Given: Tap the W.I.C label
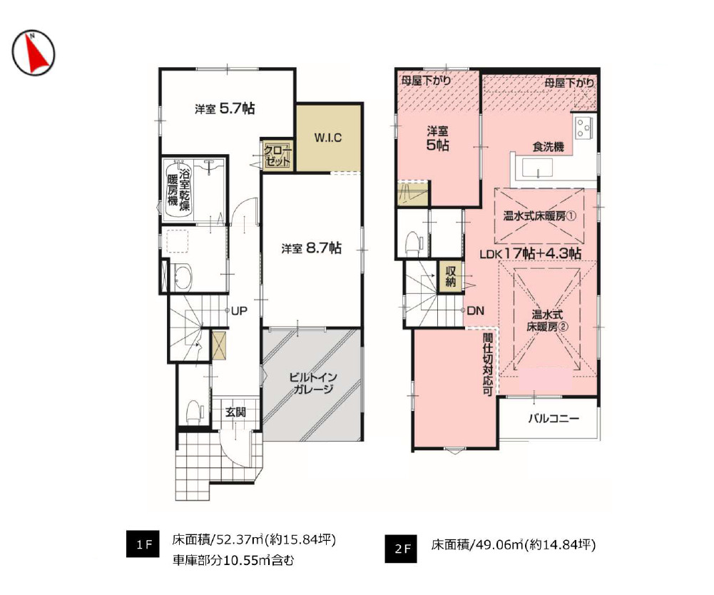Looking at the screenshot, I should coord(329,138).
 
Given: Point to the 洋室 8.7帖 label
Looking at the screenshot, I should coord(311,248).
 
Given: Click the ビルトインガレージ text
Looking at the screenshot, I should coord(312,383).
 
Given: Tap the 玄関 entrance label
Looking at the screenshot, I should coord(236,412).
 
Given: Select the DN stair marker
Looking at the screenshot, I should coord(476,311).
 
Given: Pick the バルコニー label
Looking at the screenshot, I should coord(554,419).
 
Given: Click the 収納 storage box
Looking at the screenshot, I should coord(452,275).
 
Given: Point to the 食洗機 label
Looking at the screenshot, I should coord(549,147).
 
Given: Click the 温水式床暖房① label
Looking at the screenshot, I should coord(540,215).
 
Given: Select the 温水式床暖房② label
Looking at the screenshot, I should coord(549,320).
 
